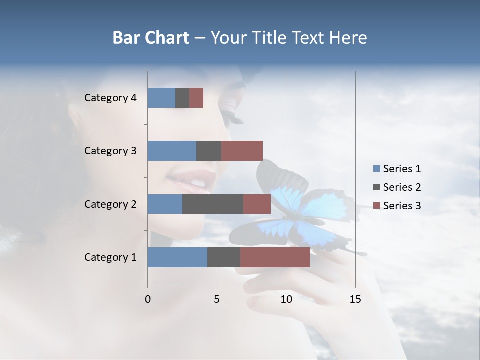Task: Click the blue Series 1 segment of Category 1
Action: click(x=177, y=257)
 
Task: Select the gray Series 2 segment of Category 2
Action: click(x=213, y=204)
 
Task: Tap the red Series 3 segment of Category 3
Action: click(x=242, y=151)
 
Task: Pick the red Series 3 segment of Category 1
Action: click(x=275, y=257)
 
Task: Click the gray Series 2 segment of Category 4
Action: click(x=182, y=98)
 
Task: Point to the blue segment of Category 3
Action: click(x=172, y=151)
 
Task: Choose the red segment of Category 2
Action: click(x=257, y=204)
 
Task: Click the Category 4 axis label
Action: click(x=110, y=98)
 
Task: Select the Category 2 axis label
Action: click(x=110, y=204)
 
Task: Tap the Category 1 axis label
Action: click(x=110, y=257)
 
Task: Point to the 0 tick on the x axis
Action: click(x=148, y=299)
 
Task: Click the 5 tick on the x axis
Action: click(x=217, y=299)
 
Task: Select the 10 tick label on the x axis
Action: click(x=286, y=299)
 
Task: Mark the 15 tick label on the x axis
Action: click(x=355, y=299)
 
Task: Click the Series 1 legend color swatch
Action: click(x=377, y=169)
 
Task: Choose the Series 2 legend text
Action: click(x=402, y=187)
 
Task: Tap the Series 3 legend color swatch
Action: click(x=377, y=206)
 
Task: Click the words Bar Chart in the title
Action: click(x=151, y=38)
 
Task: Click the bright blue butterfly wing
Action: click(x=295, y=205)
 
